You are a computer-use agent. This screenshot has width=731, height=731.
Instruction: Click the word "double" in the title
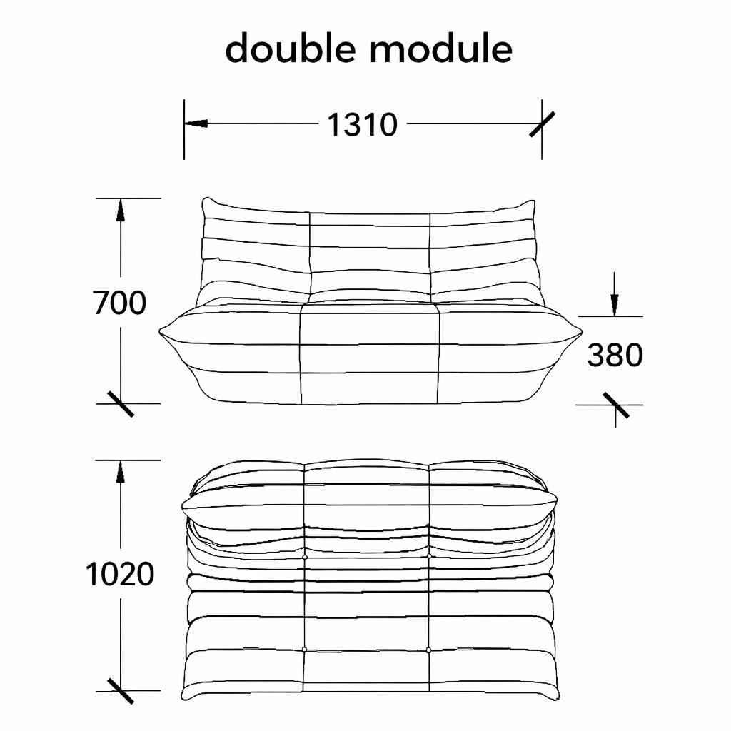[x=291, y=48]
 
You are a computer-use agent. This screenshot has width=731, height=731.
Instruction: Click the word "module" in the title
[x=441, y=48]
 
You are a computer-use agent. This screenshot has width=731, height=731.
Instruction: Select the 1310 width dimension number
[x=362, y=125]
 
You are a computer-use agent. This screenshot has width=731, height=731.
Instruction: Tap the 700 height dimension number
[x=120, y=303]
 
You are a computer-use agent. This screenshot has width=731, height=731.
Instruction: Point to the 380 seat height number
[x=615, y=356]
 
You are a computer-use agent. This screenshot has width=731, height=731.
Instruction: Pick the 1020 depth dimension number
[x=120, y=574]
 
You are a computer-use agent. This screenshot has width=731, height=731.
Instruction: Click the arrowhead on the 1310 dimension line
[x=196, y=123]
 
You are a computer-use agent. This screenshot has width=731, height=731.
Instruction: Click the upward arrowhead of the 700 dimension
[x=121, y=210]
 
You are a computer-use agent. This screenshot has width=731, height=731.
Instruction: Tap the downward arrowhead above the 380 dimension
[x=615, y=304]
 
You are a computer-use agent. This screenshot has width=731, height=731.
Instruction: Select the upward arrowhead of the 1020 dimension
[x=121, y=471]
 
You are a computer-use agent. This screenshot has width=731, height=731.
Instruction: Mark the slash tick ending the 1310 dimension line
[x=543, y=124]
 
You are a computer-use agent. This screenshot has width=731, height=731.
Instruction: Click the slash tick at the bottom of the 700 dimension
[x=121, y=404]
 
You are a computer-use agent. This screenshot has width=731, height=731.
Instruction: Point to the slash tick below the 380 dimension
[x=616, y=405]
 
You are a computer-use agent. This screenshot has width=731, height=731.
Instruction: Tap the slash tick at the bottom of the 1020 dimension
[x=121, y=691]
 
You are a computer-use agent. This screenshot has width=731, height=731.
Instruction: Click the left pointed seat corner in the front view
[x=160, y=332]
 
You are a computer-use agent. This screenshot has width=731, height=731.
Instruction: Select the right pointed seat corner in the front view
[x=581, y=332]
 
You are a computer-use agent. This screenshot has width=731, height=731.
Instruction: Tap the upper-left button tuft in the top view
[x=305, y=557]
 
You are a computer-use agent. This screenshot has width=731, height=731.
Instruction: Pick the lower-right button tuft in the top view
[x=429, y=650]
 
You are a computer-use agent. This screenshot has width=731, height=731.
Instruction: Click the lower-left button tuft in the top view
[x=304, y=650]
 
